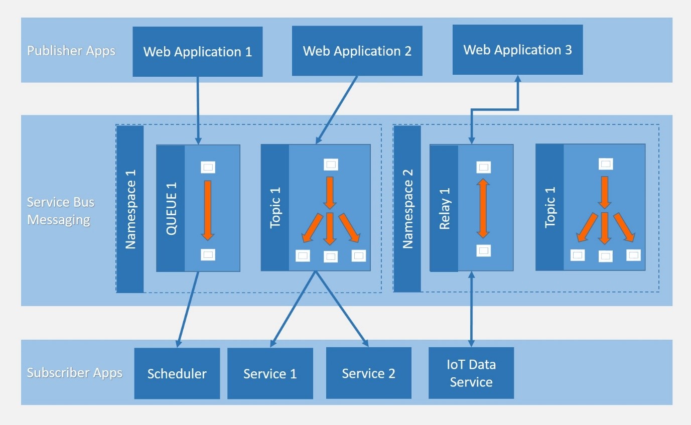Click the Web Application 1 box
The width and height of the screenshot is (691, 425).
pyautogui.click(x=197, y=52)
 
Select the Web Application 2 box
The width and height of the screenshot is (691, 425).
pyautogui.click(x=357, y=51)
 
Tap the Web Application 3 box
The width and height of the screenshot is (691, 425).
pyautogui.click(x=517, y=50)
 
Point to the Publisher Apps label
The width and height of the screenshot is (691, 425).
pyautogui.click(x=71, y=51)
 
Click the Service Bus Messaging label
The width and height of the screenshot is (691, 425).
pyautogui.click(x=60, y=211)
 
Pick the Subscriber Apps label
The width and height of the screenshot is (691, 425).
pyautogui.click(x=74, y=373)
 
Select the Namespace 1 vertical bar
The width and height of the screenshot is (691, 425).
pyautogui.click(x=130, y=209)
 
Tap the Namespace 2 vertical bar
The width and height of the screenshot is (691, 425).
pyautogui.click(x=407, y=208)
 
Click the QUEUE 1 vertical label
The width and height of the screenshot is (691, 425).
pyautogui.click(x=171, y=208)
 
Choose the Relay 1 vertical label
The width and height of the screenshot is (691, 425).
pyautogui.click(x=444, y=208)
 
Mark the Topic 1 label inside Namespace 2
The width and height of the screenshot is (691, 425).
pyautogui.click(x=550, y=207)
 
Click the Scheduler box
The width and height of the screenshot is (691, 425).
pyautogui.click(x=177, y=374)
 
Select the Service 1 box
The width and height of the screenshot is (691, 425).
pyautogui.click(x=270, y=374)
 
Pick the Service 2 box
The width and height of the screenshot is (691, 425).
pyautogui.click(x=368, y=373)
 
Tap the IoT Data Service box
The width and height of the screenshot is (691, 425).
pyautogui.click(x=471, y=373)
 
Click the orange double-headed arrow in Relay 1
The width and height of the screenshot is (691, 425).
pyautogui.click(x=483, y=208)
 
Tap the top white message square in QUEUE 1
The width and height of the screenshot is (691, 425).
pyautogui.click(x=208, y=168)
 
